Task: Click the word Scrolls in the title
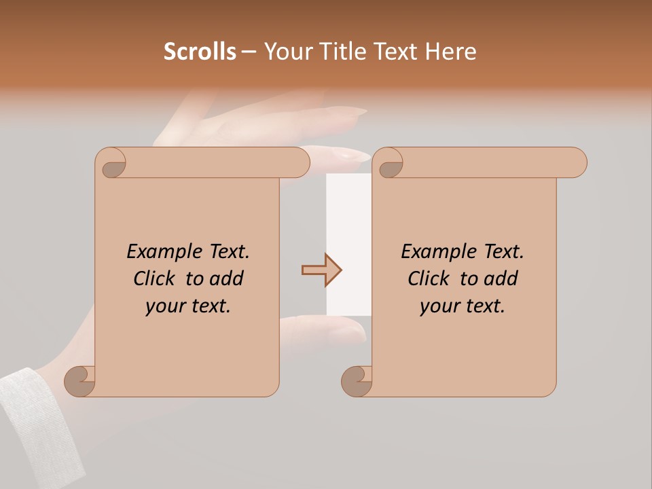point(200,51)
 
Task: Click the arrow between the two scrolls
point(321,270)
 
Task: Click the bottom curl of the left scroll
point(80,381)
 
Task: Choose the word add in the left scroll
point(228,278)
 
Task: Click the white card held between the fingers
point(348,244)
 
